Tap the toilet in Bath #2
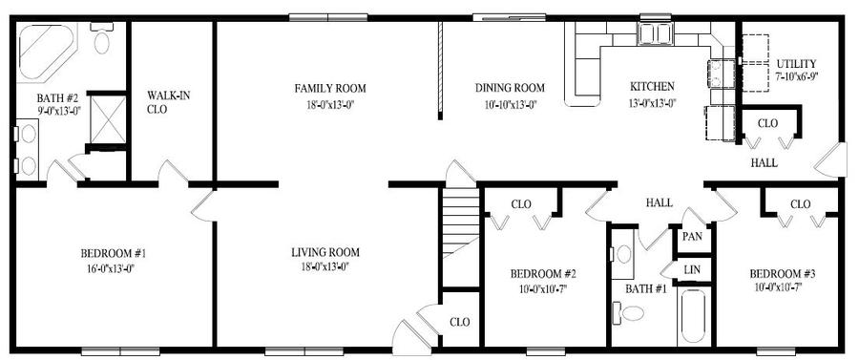tap(101, 38)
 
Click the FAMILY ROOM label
tap(330, 88)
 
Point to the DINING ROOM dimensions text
tap(510, 102)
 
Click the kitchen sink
tap(656, 32)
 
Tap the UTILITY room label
tap(796, 64)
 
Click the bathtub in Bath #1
tap(694, 317)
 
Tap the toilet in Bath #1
tap(629, 312)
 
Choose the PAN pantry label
tap(693, 237)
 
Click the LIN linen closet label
tap(692, 270)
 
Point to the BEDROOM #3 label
tap(782, 274)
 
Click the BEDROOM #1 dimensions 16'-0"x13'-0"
tap(109, 268)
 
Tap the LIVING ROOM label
tap(325, 253)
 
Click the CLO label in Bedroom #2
tap(521, 204)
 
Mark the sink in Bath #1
tap(623, 254)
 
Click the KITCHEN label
tap(652, 87)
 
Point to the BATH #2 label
tap(57, 98)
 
